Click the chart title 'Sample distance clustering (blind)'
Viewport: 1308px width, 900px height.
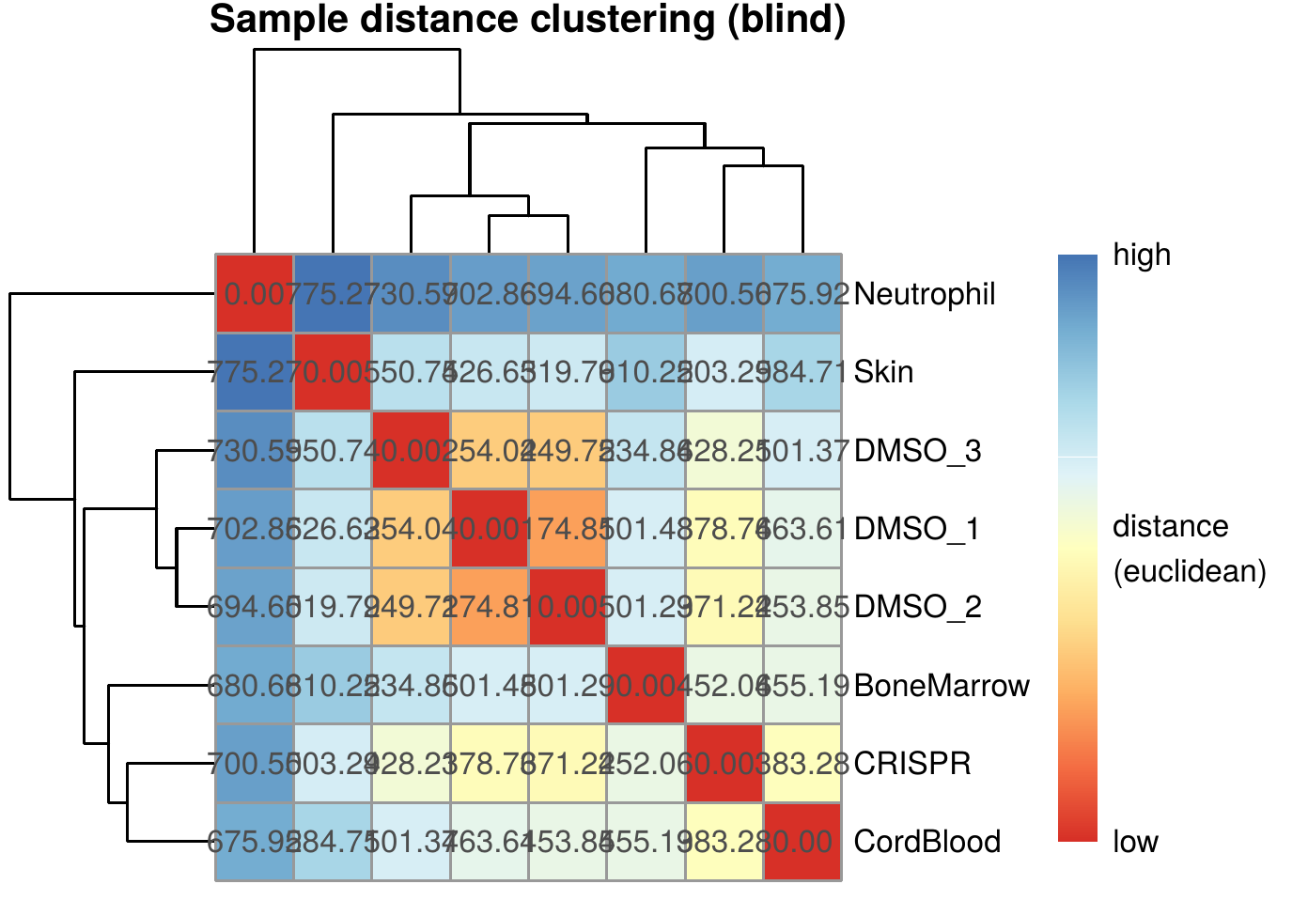[527, 20]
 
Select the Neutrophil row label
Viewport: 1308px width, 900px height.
[925, 294]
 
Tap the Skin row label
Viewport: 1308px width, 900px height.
[883, 372]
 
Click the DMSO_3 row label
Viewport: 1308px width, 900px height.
[917, 451]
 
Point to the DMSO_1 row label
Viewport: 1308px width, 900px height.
[917, 529]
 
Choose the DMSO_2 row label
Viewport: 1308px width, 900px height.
[917, 607]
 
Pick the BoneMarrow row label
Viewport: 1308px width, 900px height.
[942, 686]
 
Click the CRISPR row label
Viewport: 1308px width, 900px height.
[912, 764]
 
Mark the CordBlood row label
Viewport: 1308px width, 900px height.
[926, 842]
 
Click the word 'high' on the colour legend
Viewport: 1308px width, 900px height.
[1142, 255]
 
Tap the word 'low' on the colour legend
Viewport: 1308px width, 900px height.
[1135, 842]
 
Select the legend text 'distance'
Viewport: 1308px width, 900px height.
[1170, 526]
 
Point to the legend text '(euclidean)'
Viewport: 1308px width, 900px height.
[1190, 571]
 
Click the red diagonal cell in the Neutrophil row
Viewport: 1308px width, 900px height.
[255, 294]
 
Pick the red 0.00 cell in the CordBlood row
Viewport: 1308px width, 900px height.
[802, 842]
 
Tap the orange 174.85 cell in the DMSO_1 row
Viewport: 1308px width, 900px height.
[568, 529]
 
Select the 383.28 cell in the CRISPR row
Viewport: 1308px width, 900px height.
[802, 764]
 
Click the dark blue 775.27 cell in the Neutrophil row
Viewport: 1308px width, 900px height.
[333, 294]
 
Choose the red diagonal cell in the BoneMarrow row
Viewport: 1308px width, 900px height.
[646, 686]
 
